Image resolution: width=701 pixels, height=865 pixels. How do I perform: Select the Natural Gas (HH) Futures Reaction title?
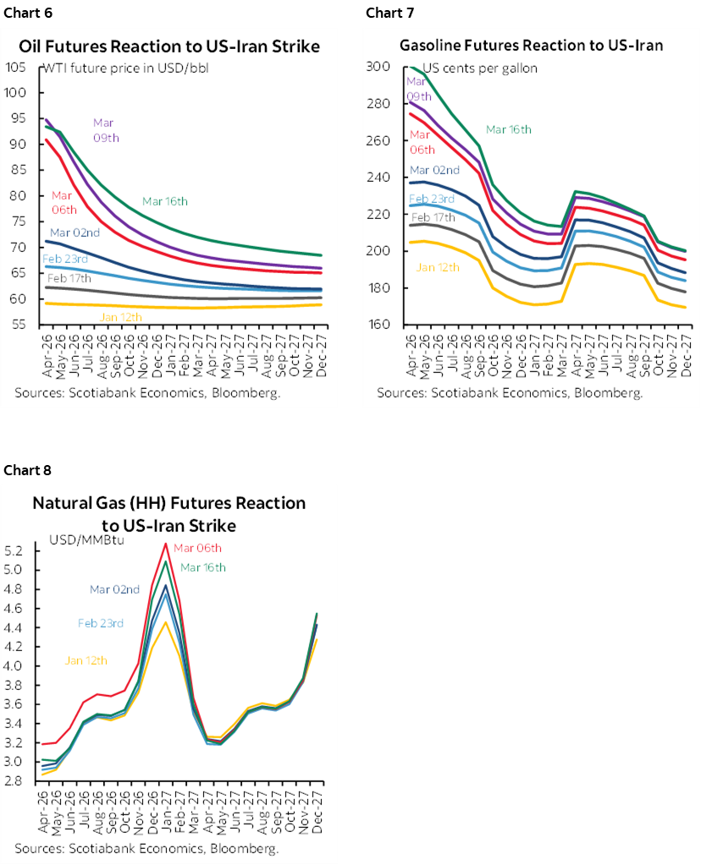169,503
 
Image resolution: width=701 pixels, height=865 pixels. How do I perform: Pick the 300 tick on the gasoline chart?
379,67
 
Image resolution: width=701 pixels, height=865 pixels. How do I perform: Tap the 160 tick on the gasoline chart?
379,325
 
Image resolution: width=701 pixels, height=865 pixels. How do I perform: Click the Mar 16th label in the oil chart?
165,201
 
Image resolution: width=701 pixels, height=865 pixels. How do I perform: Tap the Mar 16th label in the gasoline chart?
508,129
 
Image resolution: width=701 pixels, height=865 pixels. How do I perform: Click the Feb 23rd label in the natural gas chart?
101,623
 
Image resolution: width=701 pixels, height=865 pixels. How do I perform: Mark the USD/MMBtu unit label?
86,540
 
